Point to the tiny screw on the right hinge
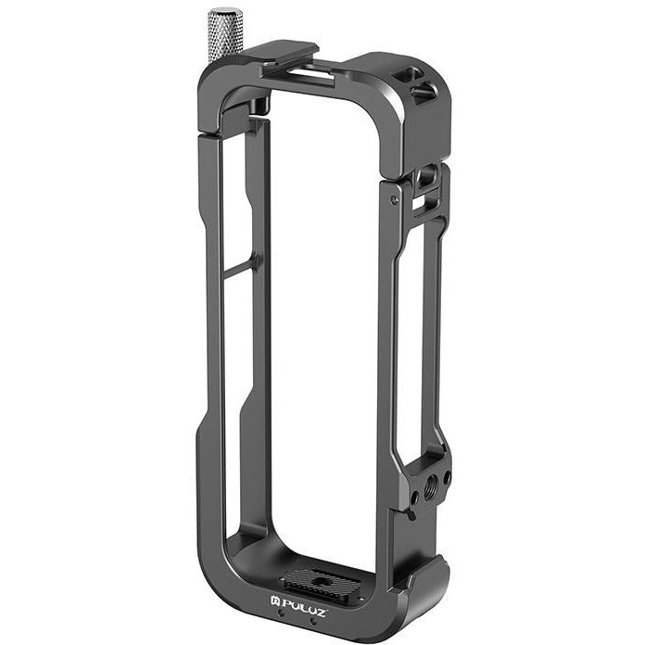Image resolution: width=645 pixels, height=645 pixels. click(x=396, y=197)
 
